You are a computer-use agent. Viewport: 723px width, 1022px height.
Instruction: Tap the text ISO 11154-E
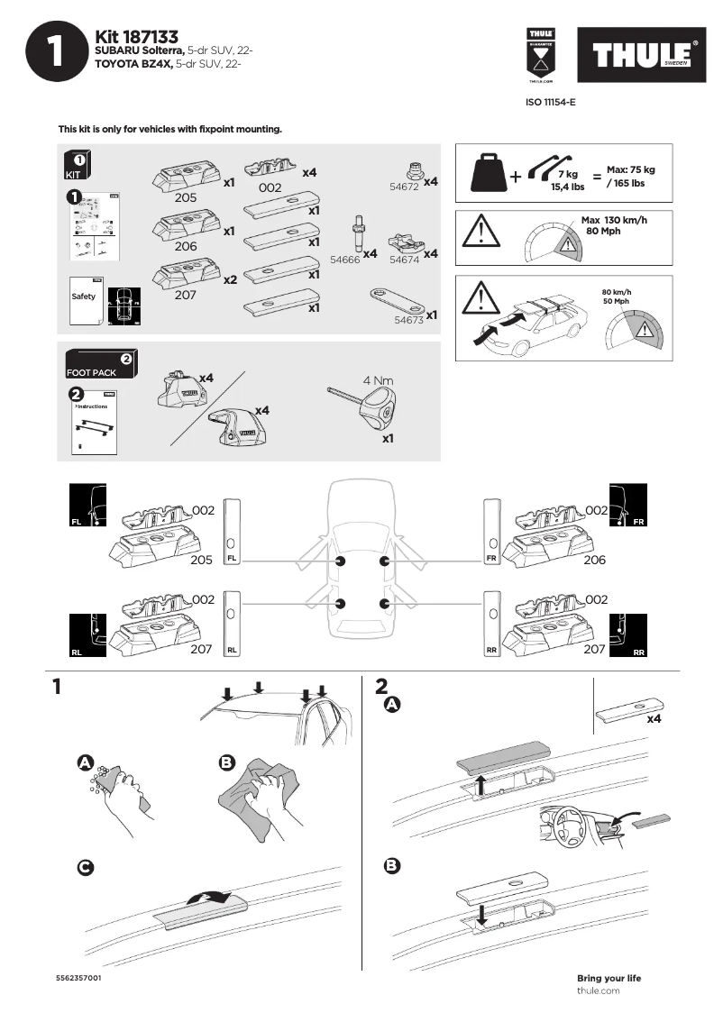coord(550,103)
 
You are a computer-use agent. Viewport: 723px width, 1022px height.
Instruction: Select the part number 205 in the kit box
coord(186,197)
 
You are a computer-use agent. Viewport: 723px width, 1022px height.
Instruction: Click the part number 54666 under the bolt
coord(345,259)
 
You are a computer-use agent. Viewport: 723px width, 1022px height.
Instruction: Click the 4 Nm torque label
coord(378,380)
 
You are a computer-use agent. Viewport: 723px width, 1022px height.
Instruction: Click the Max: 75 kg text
coord(630,169)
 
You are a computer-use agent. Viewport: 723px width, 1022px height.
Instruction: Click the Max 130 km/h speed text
coord(614,221)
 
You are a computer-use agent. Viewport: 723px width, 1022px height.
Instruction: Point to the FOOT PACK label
coord(91,372)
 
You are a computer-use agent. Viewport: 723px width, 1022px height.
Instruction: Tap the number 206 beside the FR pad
coord(595,560)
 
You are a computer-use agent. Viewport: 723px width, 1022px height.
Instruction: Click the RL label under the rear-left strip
coord(232,649)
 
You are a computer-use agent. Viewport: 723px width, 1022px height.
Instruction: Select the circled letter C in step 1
coord(84,867)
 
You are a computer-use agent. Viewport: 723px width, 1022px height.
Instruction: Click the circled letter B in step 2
coord(391,866)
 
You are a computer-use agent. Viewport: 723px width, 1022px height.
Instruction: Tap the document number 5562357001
coord(78,978)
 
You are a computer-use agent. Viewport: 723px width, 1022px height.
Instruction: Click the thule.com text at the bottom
coord(598,990)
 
